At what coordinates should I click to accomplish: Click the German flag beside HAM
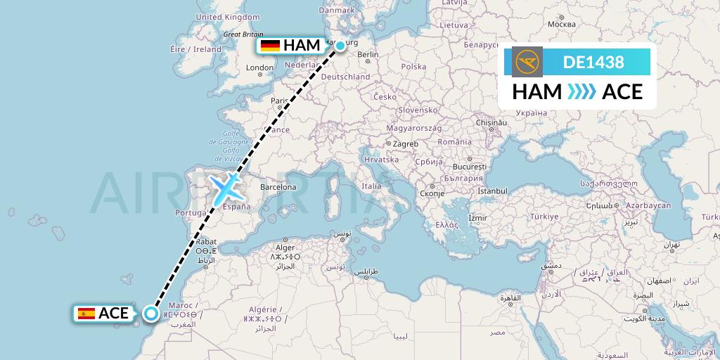coord(270,46)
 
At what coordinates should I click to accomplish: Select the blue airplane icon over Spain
coord(226,188)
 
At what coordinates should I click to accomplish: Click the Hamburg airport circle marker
coord(340,46)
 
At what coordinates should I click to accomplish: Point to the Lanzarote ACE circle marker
coord(151,314)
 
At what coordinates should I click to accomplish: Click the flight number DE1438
coord(593,63)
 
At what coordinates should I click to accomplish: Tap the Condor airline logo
coord(528,63)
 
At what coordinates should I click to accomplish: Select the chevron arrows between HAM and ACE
coord(582,92)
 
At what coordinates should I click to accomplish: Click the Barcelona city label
coord(278,187)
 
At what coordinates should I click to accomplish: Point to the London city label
coord(260,68)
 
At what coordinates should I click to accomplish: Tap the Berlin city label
coord(368,54)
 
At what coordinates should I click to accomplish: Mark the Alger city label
coord(285,247)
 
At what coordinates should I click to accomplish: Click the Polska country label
coord(414,67)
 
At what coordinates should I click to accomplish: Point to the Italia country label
coord(371,186)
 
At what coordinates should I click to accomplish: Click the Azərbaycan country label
coord(648,205)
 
